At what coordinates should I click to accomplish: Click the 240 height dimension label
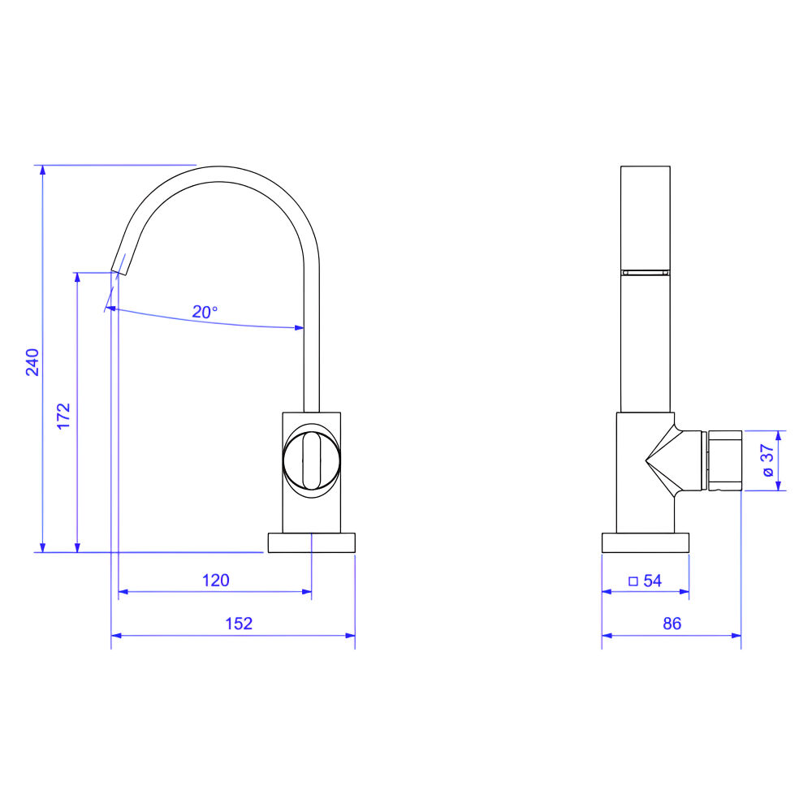32,362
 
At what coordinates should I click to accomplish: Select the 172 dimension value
63,416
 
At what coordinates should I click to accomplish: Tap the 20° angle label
205,312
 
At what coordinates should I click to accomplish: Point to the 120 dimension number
215,580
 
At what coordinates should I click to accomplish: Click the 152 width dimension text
239,624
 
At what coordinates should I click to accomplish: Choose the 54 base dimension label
653,581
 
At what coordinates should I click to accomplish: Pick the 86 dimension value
672,624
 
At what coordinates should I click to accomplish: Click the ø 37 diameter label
767,460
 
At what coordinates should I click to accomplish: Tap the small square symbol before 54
633,581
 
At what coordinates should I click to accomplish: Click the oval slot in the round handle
311,460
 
